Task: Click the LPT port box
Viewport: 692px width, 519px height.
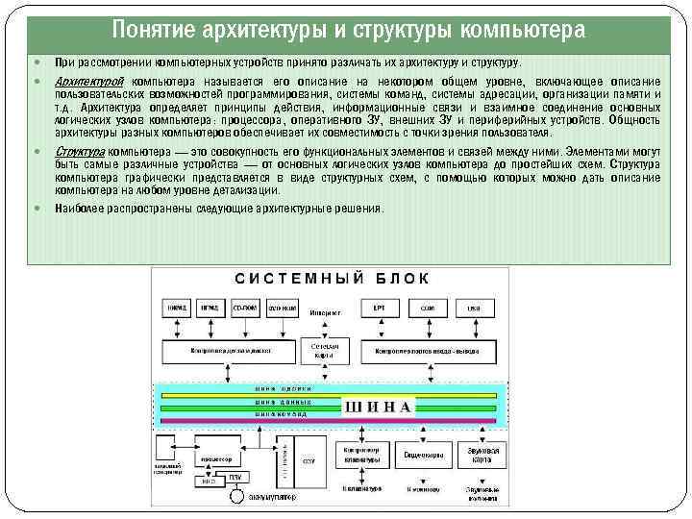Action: click(x=380, y=309)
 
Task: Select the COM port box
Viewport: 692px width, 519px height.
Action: click(x=427, y=309)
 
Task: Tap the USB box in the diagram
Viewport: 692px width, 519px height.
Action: click(x=474, y=309)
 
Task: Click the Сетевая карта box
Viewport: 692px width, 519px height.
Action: click(x=318, y=350)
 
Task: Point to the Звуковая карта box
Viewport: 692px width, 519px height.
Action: click(x=476, y=454)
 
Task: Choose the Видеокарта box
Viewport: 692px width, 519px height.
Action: click(x=422, y=454)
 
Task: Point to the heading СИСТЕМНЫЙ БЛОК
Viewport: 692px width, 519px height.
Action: click(x=333, y=278)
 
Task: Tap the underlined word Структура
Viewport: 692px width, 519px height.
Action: click(x=81, y=153)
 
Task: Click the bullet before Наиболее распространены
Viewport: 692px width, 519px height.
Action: click(x=37, y=209)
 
